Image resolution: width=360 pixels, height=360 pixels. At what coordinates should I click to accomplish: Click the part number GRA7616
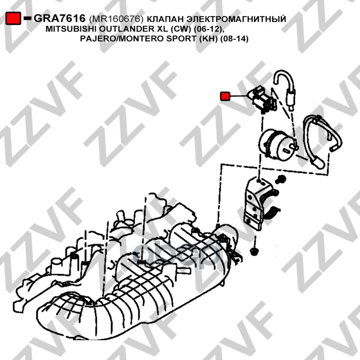coord(59,18)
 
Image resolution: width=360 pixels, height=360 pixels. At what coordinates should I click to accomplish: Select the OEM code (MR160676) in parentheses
coord(116,19)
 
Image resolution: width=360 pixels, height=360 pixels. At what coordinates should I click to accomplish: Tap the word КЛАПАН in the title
coord(165,19)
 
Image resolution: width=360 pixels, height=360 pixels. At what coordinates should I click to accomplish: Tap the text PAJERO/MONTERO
coord(122,39)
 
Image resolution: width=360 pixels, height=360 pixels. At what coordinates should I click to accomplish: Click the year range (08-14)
coord(234,39)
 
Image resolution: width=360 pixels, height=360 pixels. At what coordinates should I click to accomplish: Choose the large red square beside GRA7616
coord(13,18)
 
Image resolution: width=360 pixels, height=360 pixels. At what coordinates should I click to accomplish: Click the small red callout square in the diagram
coord(225,96)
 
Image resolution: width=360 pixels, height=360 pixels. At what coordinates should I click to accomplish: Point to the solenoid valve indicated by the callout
coord(262,99)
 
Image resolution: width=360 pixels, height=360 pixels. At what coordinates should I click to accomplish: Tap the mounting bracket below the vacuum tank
coord(260,204)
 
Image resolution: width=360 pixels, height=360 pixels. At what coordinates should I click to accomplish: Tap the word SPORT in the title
coord(181,39)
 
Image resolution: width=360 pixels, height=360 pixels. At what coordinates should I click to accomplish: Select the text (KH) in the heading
coord(208,39)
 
